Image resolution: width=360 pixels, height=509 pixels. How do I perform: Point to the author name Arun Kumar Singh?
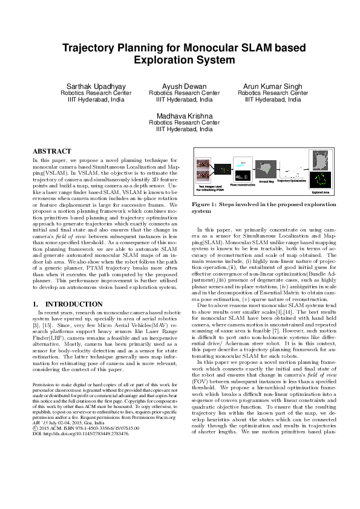click(x=272, y=86)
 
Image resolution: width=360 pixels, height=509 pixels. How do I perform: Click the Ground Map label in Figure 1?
click(x=266, y=181)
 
